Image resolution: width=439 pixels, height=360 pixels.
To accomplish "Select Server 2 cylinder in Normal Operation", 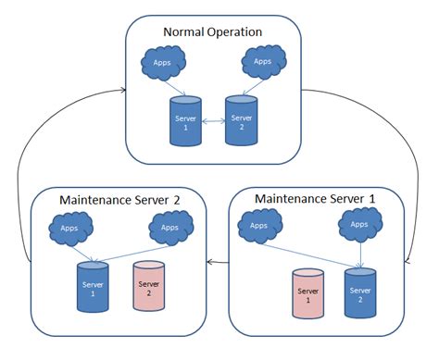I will [242, 119].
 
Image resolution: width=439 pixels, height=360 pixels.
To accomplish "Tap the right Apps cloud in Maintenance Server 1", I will [361, 224].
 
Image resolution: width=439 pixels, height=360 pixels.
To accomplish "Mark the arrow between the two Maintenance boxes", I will [217, 262].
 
